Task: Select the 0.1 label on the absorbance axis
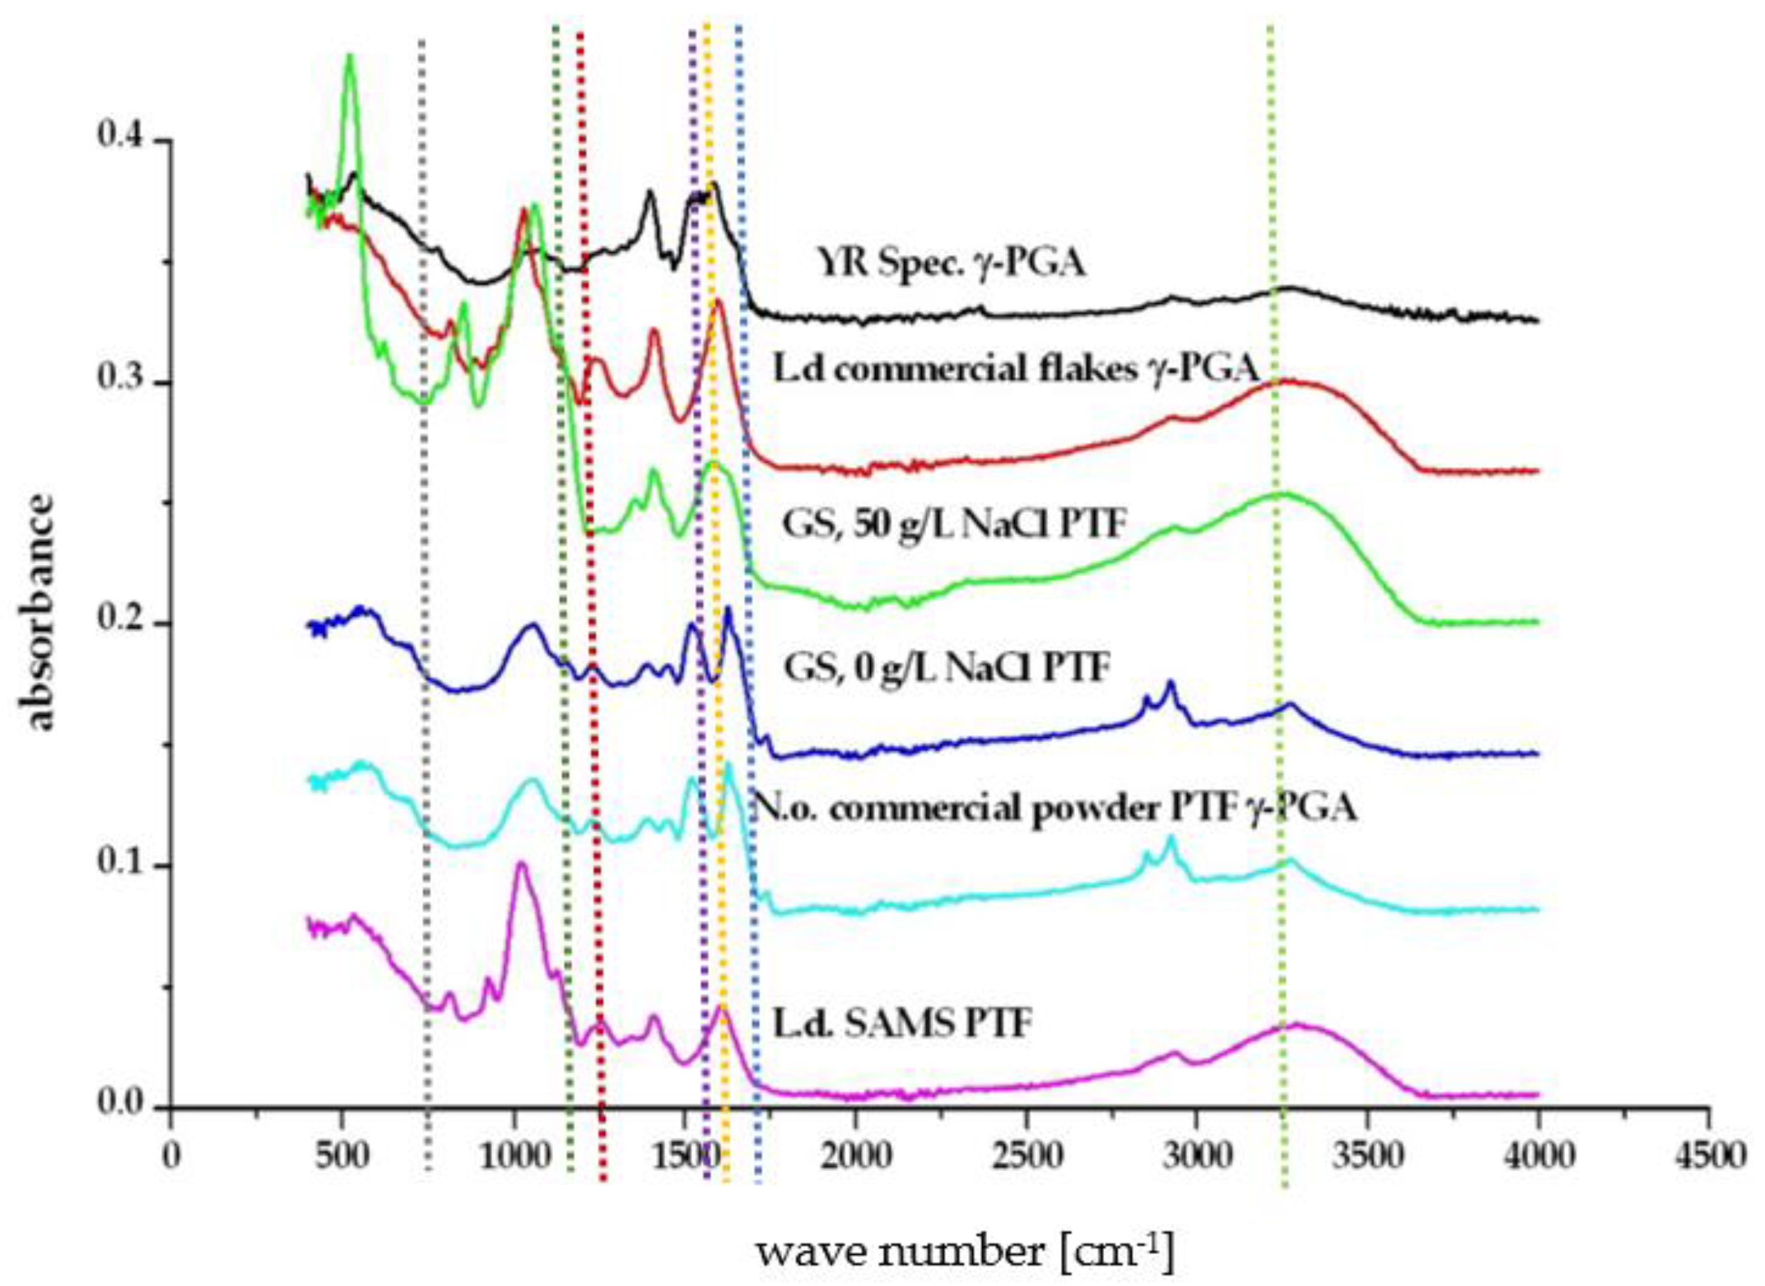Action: (120, 865)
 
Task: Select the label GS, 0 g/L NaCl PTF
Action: (946, 668)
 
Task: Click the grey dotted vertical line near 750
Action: (424, 623)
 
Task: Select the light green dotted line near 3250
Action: (1277, 623)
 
